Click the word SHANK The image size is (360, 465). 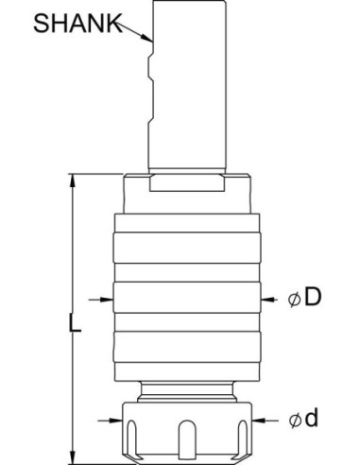coord(77,23)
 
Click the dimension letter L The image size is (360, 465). coord(75,321)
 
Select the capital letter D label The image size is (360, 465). coord(313,297)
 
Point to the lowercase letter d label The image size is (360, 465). coord(311,418)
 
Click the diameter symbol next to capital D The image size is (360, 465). coord(294,299)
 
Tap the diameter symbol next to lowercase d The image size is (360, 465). coord(295,421)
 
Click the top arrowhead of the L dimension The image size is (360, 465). coord(73,181)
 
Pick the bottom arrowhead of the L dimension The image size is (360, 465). coord(73,457)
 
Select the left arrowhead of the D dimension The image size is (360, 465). coord(107,300)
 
